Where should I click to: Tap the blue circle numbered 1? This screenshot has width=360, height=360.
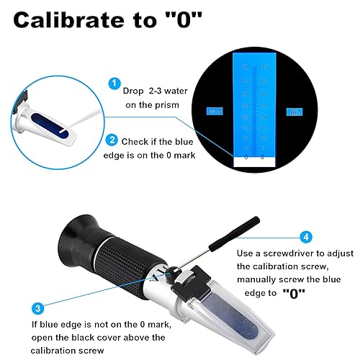tap(113, 84)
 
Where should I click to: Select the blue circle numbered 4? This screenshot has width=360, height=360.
tap(305, 235)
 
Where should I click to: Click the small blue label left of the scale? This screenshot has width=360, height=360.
tap(215, 112)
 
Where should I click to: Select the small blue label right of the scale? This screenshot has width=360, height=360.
tap(293, 111)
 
